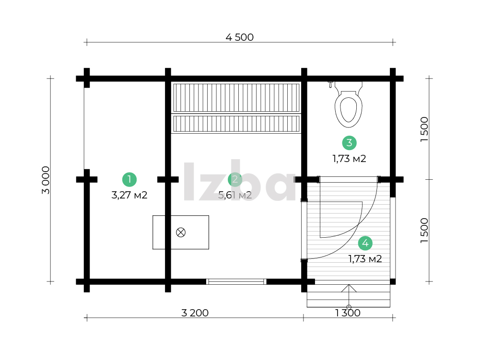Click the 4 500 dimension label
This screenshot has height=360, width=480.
pos(239,37)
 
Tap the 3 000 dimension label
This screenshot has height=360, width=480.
pos(46,180)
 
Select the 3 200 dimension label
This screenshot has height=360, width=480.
pos(195,313)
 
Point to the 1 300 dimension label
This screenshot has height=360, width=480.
pos(348,313)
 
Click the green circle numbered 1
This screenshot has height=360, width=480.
pos(129,179)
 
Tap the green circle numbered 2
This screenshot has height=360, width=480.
pos(235,179)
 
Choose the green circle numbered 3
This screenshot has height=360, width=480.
pos(349,143)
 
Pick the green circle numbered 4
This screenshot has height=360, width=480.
pos(365,243)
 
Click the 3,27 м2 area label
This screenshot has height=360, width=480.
pos(129,195)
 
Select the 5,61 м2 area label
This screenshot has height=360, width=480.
pos(235,195)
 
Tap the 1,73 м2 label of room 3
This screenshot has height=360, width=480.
pos(349,159)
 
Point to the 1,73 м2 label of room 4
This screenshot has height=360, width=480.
pos(365,259)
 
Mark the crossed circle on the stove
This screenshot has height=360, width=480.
pos(181,232)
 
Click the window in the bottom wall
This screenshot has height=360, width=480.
pos(236,282)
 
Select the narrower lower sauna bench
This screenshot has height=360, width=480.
pos(236,124)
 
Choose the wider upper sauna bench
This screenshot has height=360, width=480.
pos(236,98)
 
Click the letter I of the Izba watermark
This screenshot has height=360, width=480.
pos(189,181)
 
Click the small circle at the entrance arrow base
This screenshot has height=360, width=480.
pos(349,307)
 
